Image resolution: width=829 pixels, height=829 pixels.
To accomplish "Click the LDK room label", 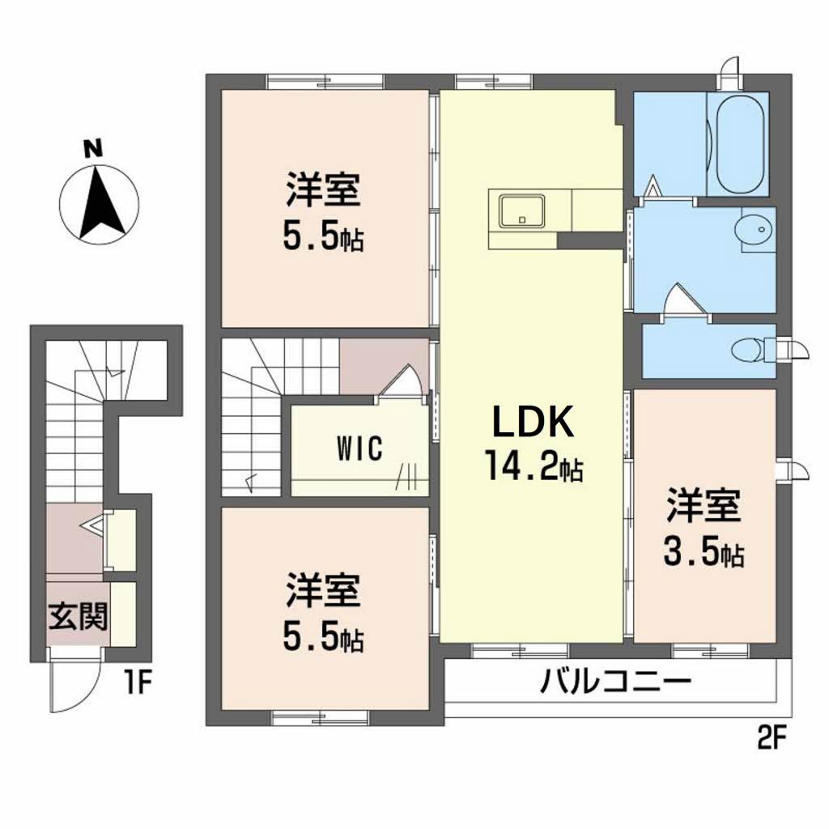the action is (533, 422).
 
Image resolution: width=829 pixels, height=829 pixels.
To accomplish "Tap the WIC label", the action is (359, 449).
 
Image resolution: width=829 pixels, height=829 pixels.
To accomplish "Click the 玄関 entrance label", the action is (79, 616).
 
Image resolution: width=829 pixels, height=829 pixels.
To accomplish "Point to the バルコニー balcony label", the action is (615, 681).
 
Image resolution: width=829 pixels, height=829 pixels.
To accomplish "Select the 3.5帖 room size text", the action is (704, 554).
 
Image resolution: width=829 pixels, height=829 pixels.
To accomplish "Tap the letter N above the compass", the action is (93, 150).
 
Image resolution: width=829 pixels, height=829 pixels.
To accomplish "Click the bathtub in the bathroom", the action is (738, 143).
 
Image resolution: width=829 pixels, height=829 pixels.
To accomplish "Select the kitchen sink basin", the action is (522, 211).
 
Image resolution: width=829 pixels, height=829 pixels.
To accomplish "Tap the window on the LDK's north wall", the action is (494, 82).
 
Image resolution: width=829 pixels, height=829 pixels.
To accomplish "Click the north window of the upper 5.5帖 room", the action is (325, 82).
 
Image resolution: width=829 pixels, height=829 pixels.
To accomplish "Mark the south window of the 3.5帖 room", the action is (710, 650).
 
